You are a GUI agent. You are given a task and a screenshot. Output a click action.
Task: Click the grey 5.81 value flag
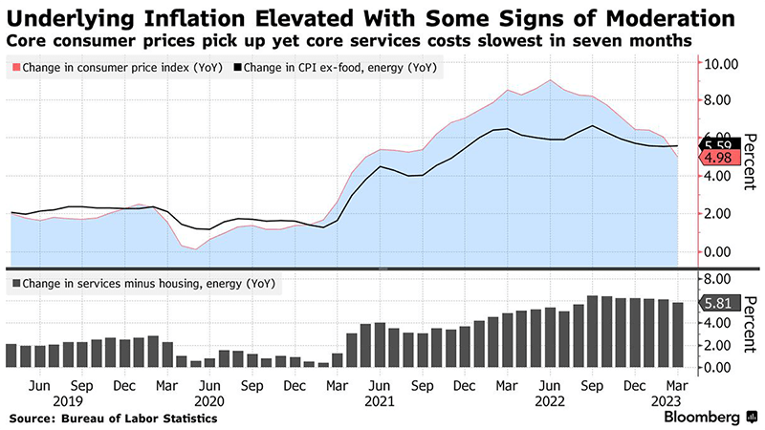pos(718,304)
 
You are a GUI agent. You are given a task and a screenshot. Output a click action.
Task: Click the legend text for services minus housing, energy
pos(135,283)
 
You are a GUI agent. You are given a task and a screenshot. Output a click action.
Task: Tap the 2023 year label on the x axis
pos(667,402)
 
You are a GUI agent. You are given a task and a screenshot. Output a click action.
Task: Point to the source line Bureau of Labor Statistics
pos(114,419)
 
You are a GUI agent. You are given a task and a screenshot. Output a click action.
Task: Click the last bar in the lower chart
pos(678,334)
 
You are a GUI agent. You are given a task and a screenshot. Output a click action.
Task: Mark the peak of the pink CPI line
pos(549,80)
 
